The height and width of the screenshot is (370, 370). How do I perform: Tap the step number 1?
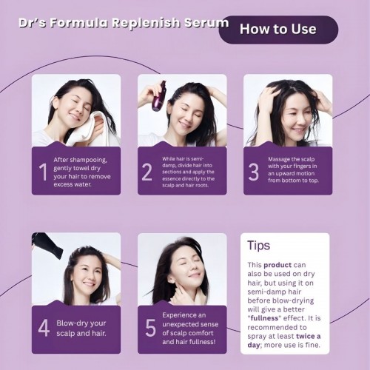point(42,171)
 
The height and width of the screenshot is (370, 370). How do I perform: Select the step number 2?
point(147,172)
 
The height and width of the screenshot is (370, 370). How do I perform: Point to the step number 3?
point(254,172)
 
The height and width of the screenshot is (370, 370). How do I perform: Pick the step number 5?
point(150,329)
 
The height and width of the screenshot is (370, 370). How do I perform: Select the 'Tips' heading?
point(258,246)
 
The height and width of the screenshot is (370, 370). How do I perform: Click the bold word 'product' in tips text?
point(275,264)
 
